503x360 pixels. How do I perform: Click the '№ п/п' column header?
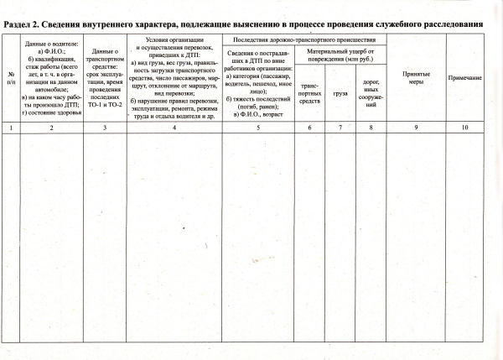pyautogui.click(x=11, y=80)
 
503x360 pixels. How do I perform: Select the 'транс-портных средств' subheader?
pyautogui.click(x=309, y=92)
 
